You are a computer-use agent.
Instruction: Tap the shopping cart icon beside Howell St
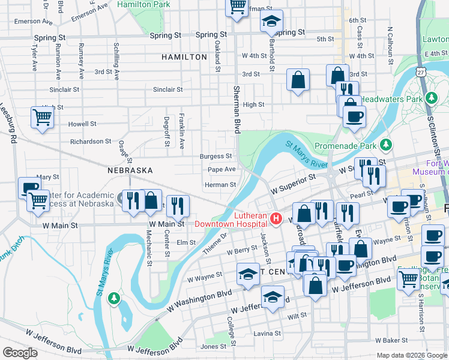click(x=42, y=118)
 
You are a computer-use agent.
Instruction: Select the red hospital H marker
click(x=276, y=219)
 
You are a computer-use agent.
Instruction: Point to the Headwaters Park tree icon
click(x=430, y=97)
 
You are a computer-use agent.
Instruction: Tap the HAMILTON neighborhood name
click(x=184, y=57)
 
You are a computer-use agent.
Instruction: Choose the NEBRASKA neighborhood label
click(x=130, y=170)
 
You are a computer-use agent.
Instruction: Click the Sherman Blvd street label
click(x=237, y=108)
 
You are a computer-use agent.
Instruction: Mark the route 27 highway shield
click(x=422, y=72)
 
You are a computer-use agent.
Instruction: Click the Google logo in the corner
click(x=20, y=353)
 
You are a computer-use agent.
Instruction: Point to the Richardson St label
click(x=86, y=142)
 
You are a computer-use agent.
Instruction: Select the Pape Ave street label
click(x=221, y=170)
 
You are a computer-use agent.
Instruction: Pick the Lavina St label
click(x=267, y=333)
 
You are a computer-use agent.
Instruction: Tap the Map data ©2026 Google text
click(x=411, y=355)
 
